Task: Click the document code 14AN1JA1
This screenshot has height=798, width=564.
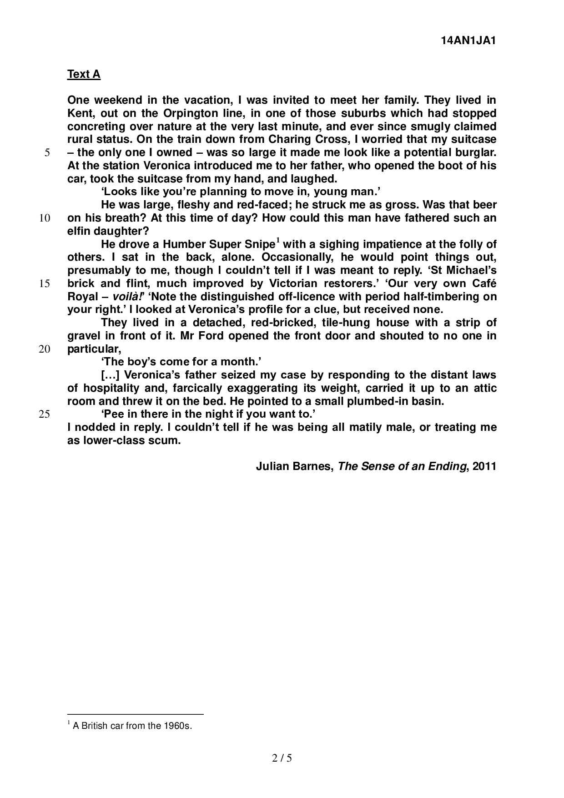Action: point(468,40)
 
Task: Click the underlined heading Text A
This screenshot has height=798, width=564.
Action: point(84,74)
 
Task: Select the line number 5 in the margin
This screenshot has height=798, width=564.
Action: point(47,153)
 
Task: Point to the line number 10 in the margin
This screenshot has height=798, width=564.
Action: point(45,218)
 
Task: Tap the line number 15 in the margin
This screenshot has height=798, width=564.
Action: point(45,283)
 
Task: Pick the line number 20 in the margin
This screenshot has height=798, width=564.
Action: point(45,349)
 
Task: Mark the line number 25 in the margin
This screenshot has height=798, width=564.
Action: point(45,414)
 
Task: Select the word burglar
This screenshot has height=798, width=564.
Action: point(474,152)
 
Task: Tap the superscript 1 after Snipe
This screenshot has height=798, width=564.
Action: point(278,241)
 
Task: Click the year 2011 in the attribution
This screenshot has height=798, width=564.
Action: point(484,466)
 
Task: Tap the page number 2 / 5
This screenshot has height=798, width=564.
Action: point(282,758)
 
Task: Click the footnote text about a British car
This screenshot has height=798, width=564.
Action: point(132,726)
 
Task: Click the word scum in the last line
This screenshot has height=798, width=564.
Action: point(165,440)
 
